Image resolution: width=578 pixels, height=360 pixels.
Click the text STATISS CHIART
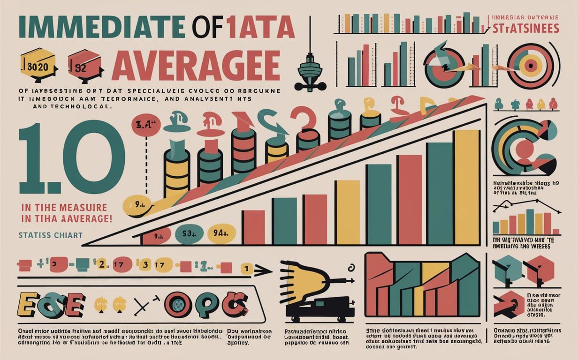point(51,235)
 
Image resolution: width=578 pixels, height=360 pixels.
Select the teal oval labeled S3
point(189,234)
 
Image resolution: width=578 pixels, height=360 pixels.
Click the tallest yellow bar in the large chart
point(466,187)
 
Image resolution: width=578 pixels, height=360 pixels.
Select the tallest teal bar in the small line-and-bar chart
point(530,221)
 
